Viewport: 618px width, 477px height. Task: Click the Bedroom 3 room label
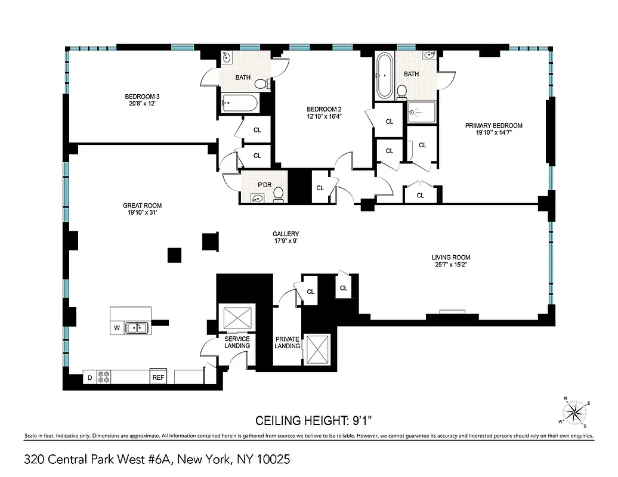coord(142,97)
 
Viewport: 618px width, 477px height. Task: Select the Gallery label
coord(286,234)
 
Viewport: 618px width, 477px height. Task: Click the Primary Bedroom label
coord(494,125)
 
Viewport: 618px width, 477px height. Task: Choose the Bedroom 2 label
coord(324,109)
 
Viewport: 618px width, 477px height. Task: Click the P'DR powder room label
coord(264,185)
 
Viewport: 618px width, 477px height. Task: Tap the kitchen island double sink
coord(137,327)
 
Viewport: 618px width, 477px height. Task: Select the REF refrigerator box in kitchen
coord(158,377)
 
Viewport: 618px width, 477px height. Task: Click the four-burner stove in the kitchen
coord(104,377)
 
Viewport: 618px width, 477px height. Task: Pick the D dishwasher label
coord(90,377)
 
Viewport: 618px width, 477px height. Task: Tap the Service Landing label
coord(237,342)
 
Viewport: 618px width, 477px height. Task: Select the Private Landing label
coord(287,342)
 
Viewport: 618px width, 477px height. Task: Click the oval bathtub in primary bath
coord(384,76)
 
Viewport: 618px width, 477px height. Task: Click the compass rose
coord(575,412)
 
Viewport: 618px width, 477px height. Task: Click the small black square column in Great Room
coord(174,255)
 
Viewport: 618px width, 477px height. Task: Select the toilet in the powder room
coord(278,197)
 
